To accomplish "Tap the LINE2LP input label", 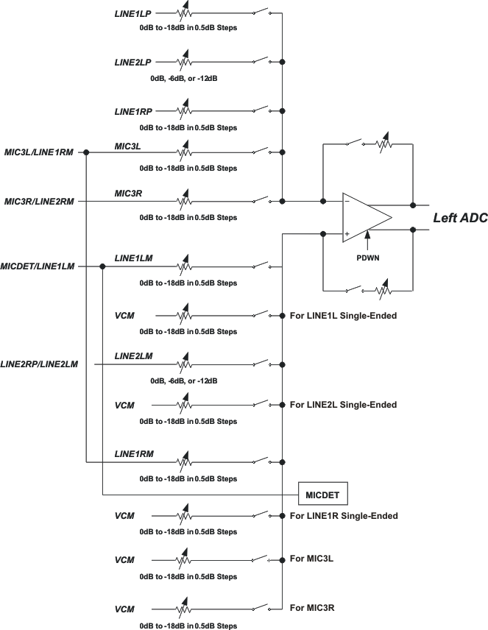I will (x=132, y=63).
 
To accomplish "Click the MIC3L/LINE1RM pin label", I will (x=38, y=152).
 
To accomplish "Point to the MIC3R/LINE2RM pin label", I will (x=38, y=201).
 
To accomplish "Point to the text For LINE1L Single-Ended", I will (x=343, y=316).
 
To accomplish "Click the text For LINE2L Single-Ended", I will (x=343, y=405).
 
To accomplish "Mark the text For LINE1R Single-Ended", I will (x=344, y=516).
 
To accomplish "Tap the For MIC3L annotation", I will (x=312, y=559).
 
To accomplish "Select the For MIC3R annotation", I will (x=312, y=607).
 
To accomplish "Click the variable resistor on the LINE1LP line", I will (x=184, y=13).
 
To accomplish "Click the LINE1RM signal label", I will (x=133, y=453).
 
